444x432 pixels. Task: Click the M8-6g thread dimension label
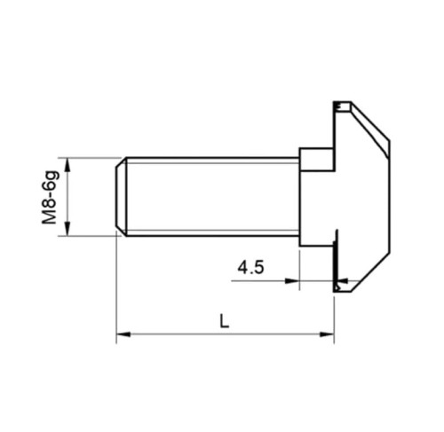[50, 198]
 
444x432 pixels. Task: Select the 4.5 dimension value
[250, 268]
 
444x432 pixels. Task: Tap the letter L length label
[225, 321]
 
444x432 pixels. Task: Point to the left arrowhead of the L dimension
[123, 334]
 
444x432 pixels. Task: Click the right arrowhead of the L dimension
[327, 334]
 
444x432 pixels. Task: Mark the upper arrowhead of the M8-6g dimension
[67, 165]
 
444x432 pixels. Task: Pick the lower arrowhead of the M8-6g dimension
[67, 229]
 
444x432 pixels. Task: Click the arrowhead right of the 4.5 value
[292, 281]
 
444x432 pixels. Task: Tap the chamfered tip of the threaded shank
[121, 197]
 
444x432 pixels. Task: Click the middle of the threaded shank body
[212, 197]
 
